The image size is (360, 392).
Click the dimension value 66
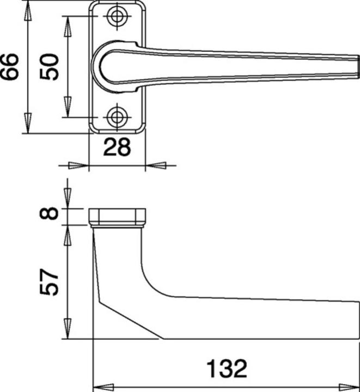click(x=10, y=66)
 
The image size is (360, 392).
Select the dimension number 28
click(x=117, y=148)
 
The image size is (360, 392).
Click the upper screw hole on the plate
click(x=116, y=16)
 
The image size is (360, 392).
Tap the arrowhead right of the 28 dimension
click(x=156, y=164)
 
